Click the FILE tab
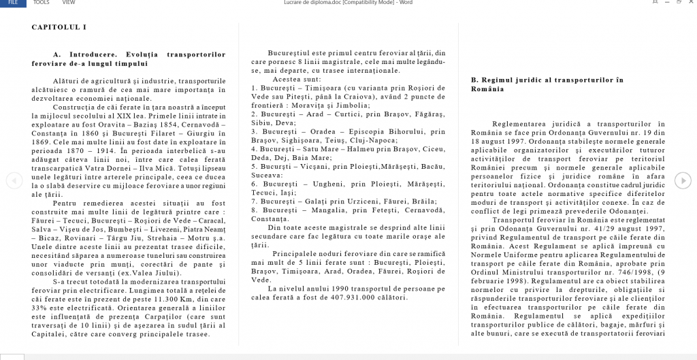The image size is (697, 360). pos(13,3)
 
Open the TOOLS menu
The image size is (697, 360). pos(42,3)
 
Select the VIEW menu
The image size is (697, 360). pos(69,3)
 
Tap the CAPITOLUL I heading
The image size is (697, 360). pos(59,27)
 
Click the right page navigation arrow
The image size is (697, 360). pos(682,180)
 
